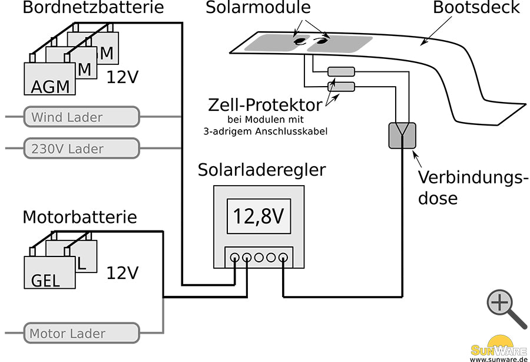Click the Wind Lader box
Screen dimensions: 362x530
[81, 117]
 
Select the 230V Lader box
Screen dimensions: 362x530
[81, 148]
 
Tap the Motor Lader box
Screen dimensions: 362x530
[81, 333]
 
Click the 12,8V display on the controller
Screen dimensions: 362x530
[259, 216]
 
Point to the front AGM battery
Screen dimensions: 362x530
[50, 80]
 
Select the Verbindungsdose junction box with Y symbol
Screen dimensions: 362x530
[402, 135]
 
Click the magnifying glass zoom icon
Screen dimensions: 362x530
[505, 308]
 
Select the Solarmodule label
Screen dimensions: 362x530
[258, 8]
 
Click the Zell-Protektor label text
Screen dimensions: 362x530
[265, 106]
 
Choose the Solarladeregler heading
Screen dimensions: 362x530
[261, 170]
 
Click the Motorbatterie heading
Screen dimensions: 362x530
[79, 217]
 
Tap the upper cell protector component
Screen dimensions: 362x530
[341, 72]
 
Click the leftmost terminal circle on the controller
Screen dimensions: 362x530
[235, 257]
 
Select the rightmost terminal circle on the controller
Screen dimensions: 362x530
[283, 257]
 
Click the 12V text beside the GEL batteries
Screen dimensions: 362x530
[122, 272]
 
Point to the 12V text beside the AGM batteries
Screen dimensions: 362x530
[122, 77]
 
